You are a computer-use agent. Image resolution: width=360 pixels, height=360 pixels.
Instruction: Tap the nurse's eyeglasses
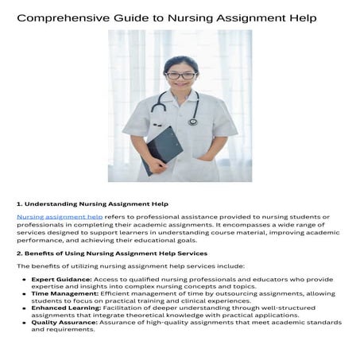point(180,75)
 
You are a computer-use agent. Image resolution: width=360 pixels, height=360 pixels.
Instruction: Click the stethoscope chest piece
point(193,121)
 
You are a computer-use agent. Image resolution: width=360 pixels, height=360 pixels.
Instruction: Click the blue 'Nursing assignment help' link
point(60,216)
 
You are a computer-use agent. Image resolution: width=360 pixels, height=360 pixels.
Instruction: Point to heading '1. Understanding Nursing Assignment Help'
point(92,203)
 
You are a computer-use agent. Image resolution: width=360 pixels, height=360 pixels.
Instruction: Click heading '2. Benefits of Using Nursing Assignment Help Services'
point(112,253)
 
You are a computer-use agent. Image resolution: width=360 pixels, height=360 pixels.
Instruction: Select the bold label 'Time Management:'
point(64,294)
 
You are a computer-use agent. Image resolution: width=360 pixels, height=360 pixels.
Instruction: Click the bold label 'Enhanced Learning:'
point(67,308)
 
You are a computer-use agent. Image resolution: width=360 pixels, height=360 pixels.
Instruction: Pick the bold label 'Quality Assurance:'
point(64,323)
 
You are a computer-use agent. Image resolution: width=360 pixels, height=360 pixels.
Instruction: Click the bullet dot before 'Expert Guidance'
point(25,281)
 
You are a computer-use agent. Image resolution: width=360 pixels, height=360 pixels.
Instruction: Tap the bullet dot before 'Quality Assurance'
point(25,323)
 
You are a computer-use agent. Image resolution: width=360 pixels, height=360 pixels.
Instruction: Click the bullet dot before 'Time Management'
point(25,294)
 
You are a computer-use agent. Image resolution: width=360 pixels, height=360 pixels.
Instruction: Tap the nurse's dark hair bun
point(181,60)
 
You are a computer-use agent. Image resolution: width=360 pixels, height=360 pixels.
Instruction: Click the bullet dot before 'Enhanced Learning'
point(25,308)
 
